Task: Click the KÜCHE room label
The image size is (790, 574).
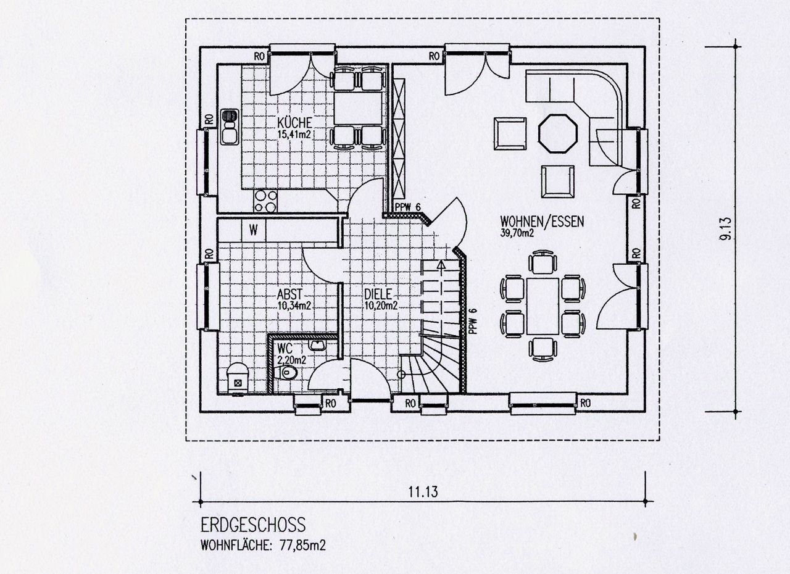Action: coord(294,123)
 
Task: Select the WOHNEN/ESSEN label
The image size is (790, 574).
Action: coord(542,222)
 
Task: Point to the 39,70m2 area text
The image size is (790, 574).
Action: coord(517,233)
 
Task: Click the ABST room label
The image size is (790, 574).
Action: coord(290,294)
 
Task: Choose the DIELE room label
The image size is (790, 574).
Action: coord(378,294)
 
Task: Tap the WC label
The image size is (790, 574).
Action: coord(285,349)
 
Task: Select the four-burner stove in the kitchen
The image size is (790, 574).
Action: coord(265,201)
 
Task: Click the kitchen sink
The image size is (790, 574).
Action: coord(230,127)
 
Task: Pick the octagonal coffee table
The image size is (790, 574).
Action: coord(557,133)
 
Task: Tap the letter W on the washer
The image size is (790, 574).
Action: coord(254,230)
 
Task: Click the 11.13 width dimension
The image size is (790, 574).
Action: coord(423,491)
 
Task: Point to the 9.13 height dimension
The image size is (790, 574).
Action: coord(726,228)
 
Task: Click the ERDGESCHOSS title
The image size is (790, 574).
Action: coord(253,525)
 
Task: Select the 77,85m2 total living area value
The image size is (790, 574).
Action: coord(303,546)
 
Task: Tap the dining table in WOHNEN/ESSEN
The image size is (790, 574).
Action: coord(543,306)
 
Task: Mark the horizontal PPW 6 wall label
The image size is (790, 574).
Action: coord(408,207)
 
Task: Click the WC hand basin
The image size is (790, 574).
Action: coord(318,345)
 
